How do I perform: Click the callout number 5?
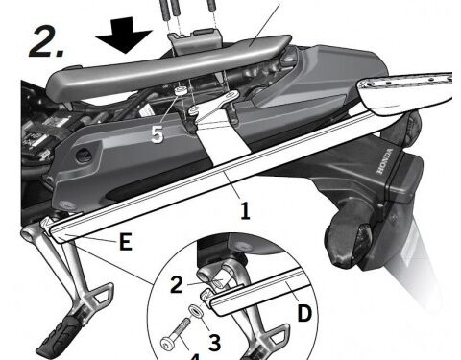(x=158, y=134)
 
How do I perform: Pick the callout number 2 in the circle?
(x=178, y=283)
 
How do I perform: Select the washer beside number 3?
(x=195, y=312)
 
